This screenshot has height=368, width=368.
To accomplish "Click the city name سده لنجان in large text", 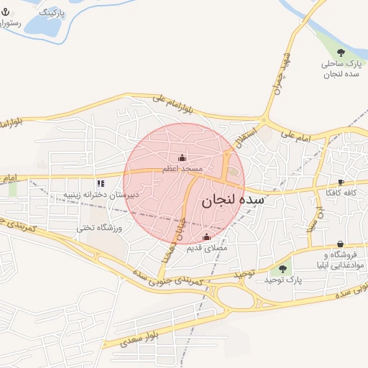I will (233, 201).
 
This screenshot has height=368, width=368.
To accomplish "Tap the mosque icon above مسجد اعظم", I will (181, 158).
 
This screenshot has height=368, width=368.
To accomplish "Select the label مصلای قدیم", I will (207, 248).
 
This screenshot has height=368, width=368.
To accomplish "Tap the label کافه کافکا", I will (341, 193).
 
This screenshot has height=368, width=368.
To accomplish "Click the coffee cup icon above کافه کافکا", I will (341, 182).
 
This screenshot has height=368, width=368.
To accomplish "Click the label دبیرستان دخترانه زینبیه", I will (101, 195).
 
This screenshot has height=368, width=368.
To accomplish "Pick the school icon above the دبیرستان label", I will (101, 183).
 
